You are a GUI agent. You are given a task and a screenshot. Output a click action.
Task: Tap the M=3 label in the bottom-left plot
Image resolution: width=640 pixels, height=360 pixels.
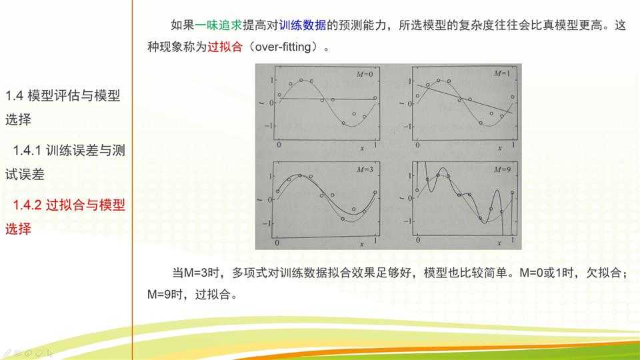pos(363,169)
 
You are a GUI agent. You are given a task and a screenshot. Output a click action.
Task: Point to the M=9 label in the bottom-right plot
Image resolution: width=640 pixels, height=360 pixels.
pos(501,169)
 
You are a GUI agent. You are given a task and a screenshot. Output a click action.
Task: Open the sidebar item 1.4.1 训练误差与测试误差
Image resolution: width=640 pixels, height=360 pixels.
pos(65,162)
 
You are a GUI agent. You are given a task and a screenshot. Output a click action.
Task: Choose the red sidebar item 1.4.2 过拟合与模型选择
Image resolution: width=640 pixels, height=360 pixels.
pos(65,217)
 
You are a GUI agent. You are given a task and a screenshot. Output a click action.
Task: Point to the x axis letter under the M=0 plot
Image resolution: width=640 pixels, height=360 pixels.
pos(361,148)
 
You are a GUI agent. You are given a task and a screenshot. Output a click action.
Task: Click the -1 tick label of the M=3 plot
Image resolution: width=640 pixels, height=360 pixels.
pos(268,223)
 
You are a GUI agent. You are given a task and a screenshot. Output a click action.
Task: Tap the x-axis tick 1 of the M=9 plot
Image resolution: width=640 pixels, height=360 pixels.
pos(513,239)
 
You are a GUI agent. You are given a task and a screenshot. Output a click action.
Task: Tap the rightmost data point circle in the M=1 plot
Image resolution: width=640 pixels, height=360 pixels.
pos(513,97)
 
